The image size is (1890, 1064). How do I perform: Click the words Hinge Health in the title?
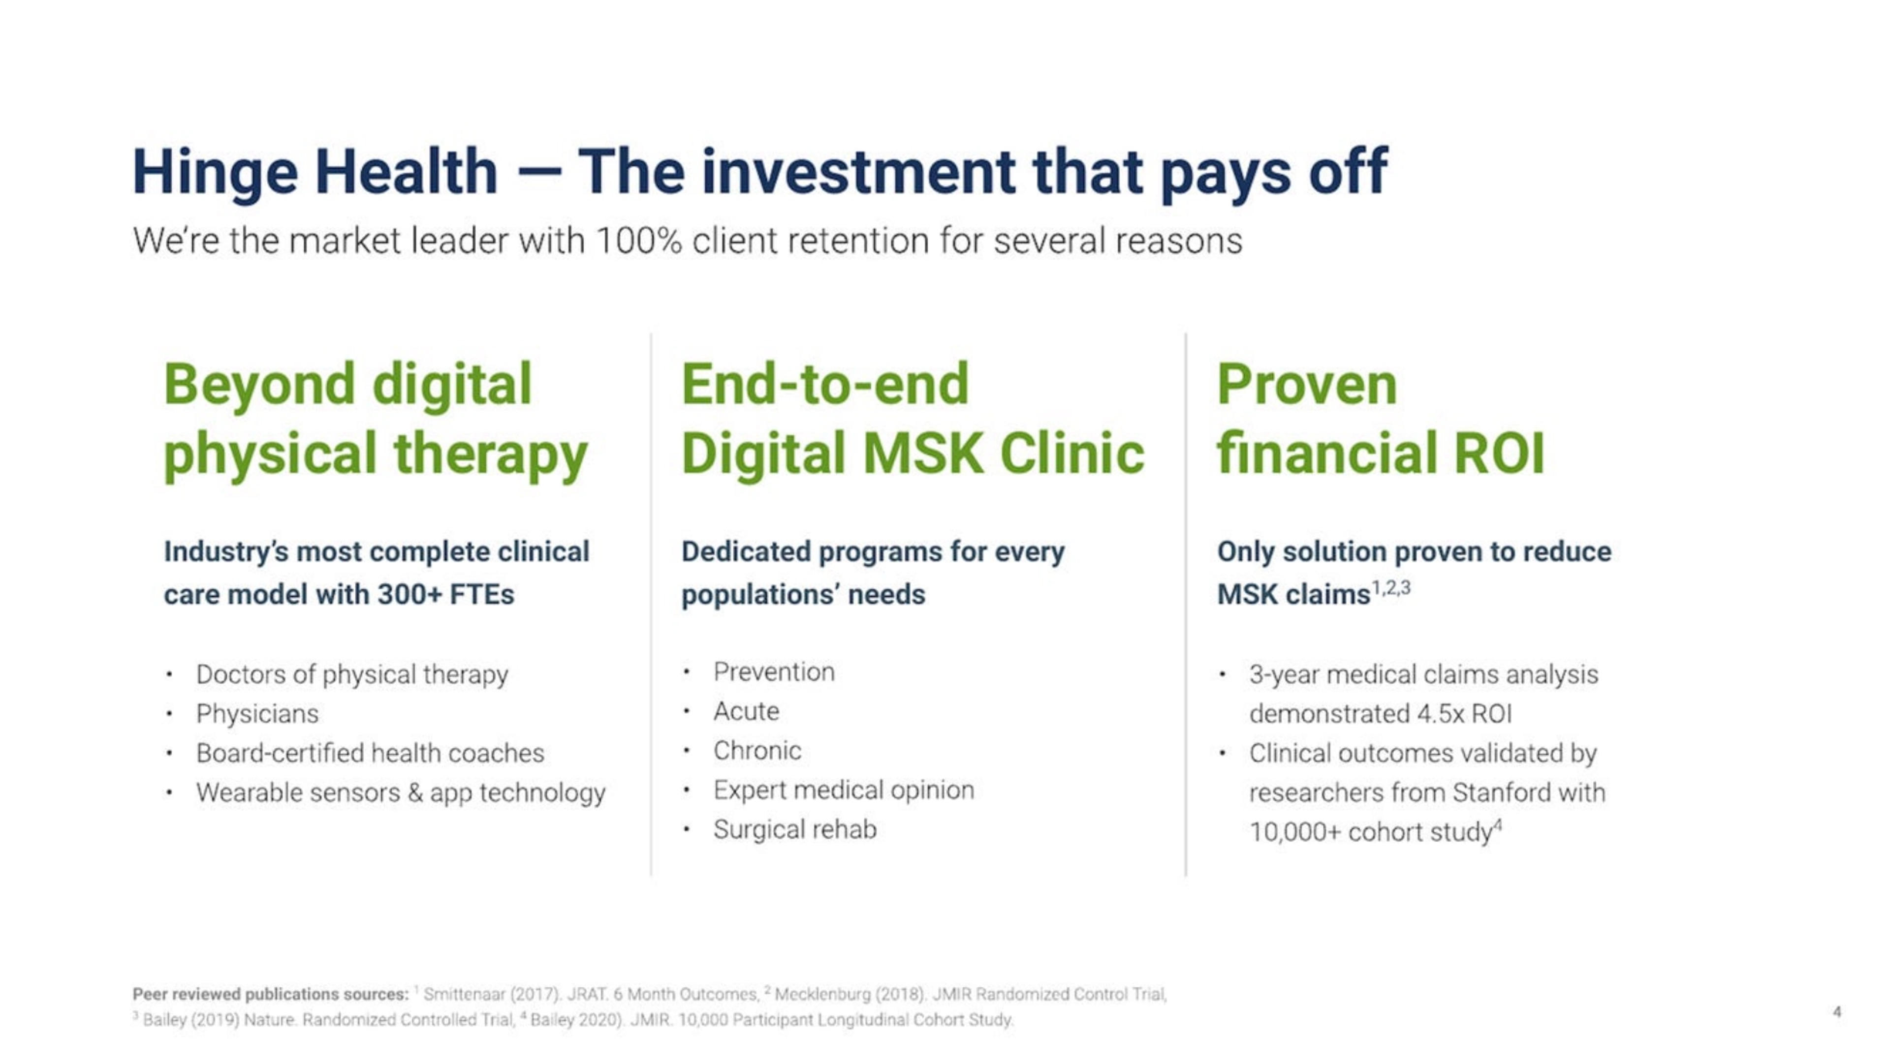pyautogui.click(x=315, y=173)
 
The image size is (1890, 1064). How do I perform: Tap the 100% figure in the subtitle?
pyautogui.click(x=638, y=241)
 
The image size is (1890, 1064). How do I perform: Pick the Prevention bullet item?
pyautogui.click(x=774, y=671)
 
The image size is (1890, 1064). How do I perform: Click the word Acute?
pyautogui.click(x=746, y=711)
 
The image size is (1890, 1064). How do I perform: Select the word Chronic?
pyautogui.click(x=757, y=751)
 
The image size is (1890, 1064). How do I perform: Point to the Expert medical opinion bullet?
pyautogui.click(x=844, y=790)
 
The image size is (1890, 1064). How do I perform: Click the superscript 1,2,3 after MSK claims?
pyautogui.click(x=1391, y=588)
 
